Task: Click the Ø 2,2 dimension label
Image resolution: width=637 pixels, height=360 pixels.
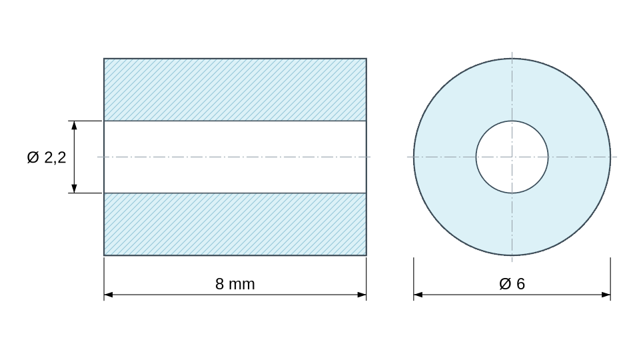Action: [x=47, y=157]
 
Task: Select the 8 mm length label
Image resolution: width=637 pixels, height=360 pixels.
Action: [x=235, y=284]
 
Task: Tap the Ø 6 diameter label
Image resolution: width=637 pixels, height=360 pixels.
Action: [x=512, y=283]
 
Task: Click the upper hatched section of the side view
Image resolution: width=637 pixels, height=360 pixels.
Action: [x=235, y=89]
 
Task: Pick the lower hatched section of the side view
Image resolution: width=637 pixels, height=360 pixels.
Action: [x=235, y=224]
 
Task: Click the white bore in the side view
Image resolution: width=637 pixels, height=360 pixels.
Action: [x=235, y=157]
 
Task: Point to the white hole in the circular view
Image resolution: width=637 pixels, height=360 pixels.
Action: [x=512, y=157]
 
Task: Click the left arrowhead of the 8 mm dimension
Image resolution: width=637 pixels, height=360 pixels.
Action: [x=108, y=295]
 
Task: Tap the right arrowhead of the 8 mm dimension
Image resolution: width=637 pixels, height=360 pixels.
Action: [x=362, y=295]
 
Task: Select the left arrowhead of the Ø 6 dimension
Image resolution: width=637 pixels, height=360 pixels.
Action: [x=418, y=295]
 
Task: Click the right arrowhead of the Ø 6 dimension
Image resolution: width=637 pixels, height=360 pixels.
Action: [x=606, y=295]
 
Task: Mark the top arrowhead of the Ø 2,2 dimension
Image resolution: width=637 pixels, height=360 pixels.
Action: [x=75, y=125]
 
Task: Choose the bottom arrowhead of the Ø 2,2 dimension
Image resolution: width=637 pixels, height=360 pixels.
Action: [x=75, y=189]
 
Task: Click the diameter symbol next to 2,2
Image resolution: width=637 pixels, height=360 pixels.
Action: [x=33, y=157]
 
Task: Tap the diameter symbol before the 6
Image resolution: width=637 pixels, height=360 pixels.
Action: [x=505, y=283]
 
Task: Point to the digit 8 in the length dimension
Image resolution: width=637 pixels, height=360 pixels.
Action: [x=220, y=284]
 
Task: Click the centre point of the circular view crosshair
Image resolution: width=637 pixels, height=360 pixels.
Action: [x=512, y=157]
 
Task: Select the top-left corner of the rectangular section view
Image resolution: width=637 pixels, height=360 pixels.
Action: [x=104, y=59]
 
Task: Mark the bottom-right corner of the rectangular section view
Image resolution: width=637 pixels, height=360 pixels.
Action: [x=366, y=255]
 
